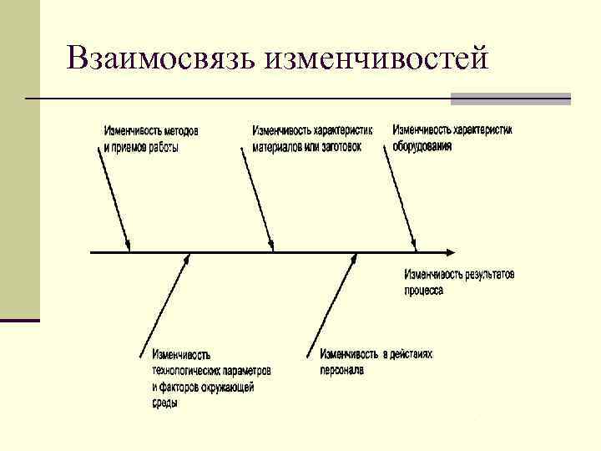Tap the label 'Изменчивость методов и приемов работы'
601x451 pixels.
(151, 139)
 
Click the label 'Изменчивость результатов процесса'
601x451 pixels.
(459, 281)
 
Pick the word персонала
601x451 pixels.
(341, 369)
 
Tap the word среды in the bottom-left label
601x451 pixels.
(164, 403)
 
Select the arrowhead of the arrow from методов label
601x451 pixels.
(129, 246)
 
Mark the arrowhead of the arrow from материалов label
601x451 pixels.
(271, 246)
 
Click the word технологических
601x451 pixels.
(184, 370)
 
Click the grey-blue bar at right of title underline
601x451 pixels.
(510, 99)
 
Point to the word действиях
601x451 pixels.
(414, 354)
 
